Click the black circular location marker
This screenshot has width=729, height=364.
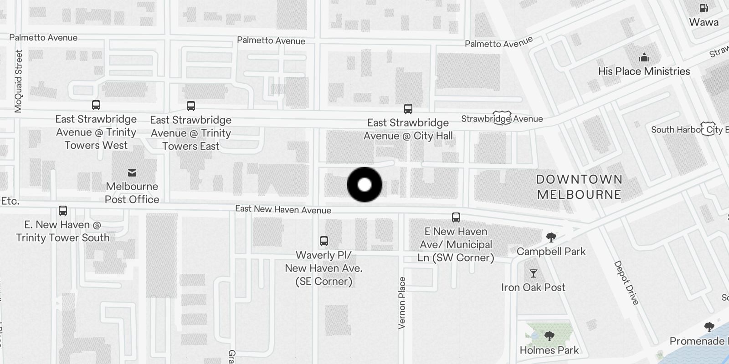pos(364,185)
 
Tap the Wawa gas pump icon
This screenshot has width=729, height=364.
pos(703,8)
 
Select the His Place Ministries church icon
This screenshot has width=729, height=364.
pos(644,57)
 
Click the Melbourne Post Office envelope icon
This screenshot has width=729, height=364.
pos(132,172)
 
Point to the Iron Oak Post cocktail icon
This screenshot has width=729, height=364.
pos(533,273)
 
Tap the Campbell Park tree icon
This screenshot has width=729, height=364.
pos(551,237)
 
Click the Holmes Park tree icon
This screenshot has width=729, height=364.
pos(549,336)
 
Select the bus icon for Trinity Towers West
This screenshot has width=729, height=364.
pos(96,105)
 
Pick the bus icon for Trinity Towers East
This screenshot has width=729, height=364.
pos(191,106)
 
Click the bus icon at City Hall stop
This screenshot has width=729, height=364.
pos(408,109)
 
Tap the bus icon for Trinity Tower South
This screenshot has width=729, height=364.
pos(63,211)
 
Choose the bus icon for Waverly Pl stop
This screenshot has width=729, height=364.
pos(324,241)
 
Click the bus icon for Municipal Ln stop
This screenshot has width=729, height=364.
pos(456,217)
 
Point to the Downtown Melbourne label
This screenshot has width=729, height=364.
pos(579,187)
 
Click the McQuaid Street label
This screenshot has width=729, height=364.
pos(18,81)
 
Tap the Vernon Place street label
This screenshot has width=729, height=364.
pos(401,303)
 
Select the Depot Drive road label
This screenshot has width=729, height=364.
pos(626,283)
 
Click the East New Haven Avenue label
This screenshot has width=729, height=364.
pos(283,209)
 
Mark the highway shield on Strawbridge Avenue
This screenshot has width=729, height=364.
pos(501,118)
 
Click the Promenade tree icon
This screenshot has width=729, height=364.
pos(709,327)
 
